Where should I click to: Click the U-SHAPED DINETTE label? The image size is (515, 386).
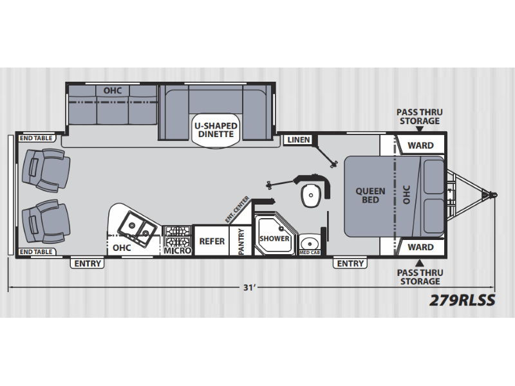click(216, 130)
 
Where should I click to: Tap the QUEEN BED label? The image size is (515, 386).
click(370, 196)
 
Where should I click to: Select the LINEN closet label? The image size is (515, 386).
click(299, 140)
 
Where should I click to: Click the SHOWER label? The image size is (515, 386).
click(274, 239)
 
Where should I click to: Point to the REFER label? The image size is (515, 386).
click(212, 241)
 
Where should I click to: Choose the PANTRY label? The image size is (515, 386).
click(241, 241)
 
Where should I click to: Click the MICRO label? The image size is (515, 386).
click(178, 251)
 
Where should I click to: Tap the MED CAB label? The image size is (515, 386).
click(310, 252)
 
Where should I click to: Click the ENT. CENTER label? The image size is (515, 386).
click(237, 210)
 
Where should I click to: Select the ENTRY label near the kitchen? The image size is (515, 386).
click(88, 264)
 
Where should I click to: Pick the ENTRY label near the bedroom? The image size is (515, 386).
click(350, 264)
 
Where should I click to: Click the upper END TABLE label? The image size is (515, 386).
click(36, 138)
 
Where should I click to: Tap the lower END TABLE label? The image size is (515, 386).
click(36, 252)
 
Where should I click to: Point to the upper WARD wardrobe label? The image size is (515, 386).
click(420, 145)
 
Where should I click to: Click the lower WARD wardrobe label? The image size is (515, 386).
click(420, 247)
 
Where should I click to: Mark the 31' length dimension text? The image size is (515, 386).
click(249, 288)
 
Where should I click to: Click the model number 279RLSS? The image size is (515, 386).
click(462, 300)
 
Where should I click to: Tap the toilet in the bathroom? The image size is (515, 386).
click(311, 196)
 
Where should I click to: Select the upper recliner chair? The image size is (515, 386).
click(46, 170)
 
